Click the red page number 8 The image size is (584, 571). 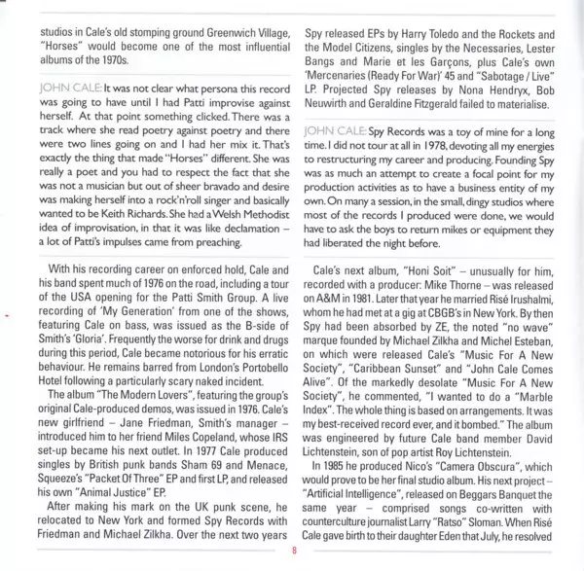[x=292, y=555]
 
